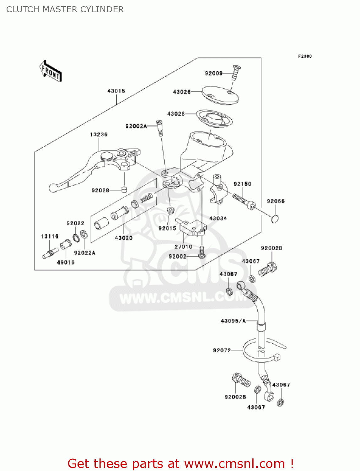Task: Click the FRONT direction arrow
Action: coord(50,71)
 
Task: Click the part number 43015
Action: coord(116,91)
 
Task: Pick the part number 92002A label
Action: coord(136,126)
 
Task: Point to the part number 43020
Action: coord(124,238)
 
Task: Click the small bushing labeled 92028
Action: coord(124,190)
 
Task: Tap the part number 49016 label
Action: coord(66,263)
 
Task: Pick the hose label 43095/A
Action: coord(233,321)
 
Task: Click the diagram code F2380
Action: coord(305,56)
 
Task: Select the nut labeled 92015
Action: coord(170,210)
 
